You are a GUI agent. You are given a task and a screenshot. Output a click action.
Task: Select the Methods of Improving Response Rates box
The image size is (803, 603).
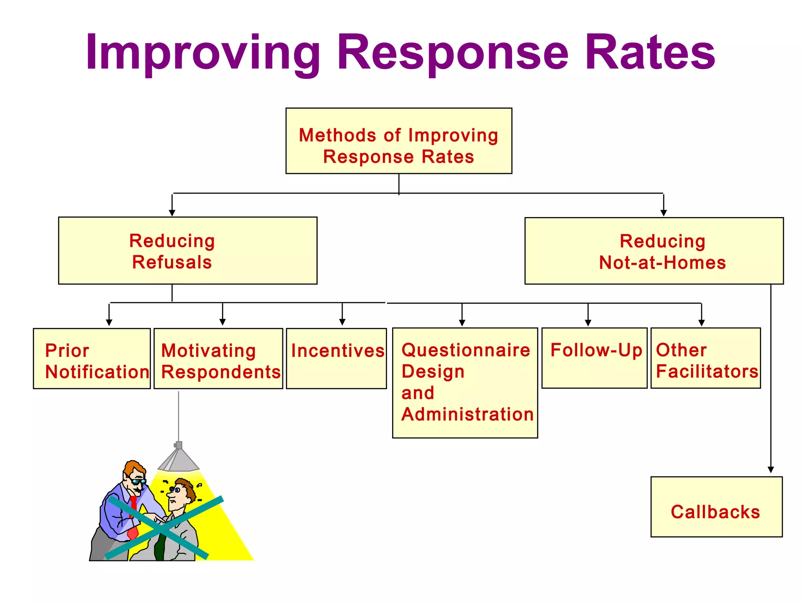pyautogui.click(x=399, y=141)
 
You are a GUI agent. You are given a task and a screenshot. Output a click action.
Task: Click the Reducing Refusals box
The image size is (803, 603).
pyautogui.click(x=187, y=250)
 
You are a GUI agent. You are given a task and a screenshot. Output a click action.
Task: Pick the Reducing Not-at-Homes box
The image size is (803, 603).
pyautogui.click(x=654, y=251)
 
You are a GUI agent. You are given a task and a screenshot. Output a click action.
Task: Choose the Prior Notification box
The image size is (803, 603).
pyautogui.click(x=92, y=359)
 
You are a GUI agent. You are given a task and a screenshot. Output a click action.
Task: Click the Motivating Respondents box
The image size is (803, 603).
pyautogui.click(x=218, y=359)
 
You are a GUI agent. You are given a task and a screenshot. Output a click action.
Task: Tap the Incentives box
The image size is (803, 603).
pyautogui.click(x=336, y=359)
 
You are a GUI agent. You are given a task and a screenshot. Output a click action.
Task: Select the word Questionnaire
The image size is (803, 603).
pyautogui.click(x=465, y=350)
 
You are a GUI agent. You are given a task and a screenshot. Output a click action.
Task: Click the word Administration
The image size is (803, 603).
pyautogui.click(x=467, y=415)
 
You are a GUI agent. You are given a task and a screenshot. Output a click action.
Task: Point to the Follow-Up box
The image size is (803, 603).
pyautogui.click(x=594, y=358)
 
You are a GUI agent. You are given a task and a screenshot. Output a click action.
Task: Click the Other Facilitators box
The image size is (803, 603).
pyautogui.click(x=705, y=358)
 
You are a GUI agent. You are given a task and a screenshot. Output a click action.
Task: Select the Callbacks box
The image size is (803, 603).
pyautogui.click(x=716, y=507)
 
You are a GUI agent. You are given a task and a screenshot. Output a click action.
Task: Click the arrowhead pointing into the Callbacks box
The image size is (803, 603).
pyautogui.click(x=771, y=470)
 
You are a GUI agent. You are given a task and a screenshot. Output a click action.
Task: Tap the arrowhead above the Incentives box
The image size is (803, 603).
pyautogui.click(x=342, y=322)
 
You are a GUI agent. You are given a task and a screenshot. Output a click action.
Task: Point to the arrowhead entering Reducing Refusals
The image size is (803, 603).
pyautogui.click(x=172, y=213)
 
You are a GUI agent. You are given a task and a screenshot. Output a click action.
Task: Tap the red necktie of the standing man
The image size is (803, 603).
pyautogui.click(x=133, y=518)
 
